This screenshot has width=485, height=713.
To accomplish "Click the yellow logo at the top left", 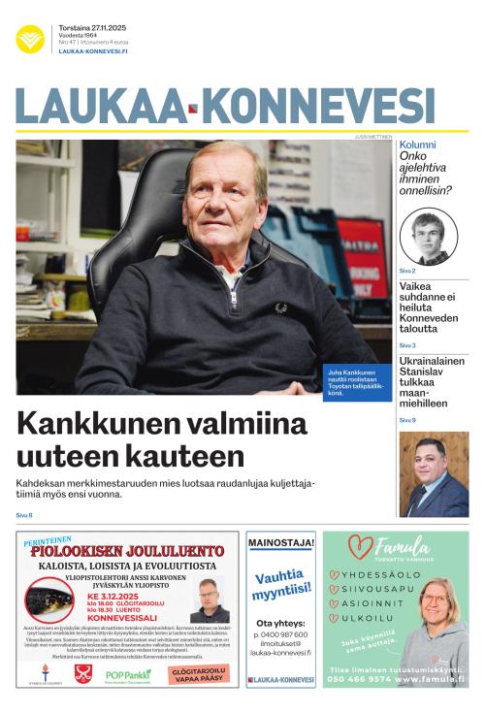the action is click(x=30, y=39).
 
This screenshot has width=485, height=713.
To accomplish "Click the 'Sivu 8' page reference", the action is click(x=24, y=514).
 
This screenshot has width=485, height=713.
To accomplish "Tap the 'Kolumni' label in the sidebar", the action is click(x=417, y=145).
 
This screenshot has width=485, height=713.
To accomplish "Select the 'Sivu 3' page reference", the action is click(x=407, y=345).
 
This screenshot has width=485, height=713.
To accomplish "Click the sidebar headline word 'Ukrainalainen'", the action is click(x=432, y=361).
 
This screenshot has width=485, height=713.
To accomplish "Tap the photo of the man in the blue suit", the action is click(x=433, y=474).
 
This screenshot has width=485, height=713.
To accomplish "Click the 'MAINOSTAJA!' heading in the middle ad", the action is click(x=281, y=542).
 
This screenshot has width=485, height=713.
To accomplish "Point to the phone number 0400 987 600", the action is click(x=281, y=634).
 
